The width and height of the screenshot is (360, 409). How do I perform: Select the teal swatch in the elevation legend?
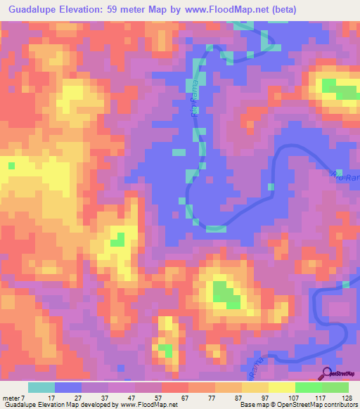coord(41,387)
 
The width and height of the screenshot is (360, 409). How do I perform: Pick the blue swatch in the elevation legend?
coord(68,387)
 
